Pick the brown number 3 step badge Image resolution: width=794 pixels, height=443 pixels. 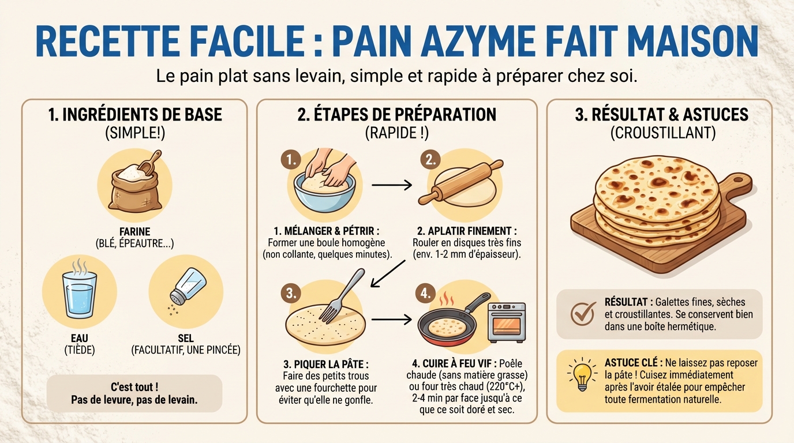291,293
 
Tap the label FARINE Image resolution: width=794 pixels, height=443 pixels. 134,232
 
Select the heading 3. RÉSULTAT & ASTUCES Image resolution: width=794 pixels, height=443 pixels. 661,114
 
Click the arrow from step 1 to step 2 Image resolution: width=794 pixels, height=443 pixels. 391,185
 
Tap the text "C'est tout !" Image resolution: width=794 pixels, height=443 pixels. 134,387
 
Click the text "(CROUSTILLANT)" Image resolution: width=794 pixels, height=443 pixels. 662,133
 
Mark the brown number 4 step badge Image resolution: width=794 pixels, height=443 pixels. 425,293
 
